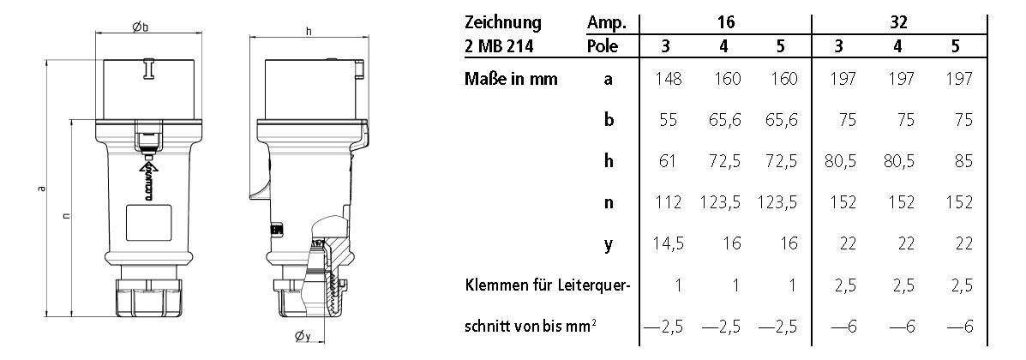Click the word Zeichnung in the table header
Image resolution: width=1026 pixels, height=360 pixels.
coord(503,21)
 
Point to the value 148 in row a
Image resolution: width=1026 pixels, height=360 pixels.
coord(669,80)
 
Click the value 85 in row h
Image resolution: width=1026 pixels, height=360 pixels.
coord(961,162)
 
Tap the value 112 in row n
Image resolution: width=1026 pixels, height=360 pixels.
coord(669,203)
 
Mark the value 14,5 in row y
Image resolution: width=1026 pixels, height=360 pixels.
coord(667,244)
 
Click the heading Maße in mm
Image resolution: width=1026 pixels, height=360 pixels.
coord(511,80)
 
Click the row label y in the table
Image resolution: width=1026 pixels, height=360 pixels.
coord(609,245)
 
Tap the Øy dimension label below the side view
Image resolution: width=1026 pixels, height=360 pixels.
coord(302,336)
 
